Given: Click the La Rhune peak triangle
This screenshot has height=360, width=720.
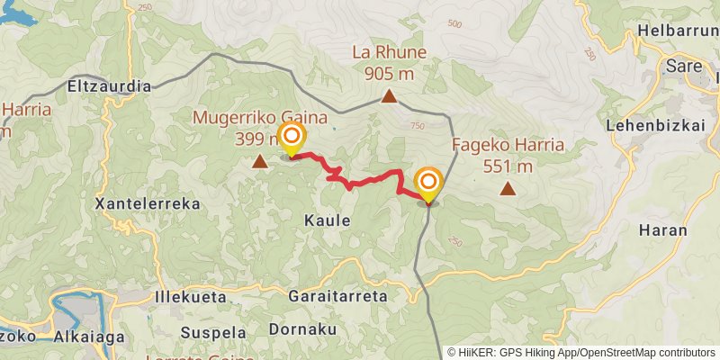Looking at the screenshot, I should (389, 97).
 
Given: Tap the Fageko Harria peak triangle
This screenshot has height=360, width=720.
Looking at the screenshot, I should (508, 188).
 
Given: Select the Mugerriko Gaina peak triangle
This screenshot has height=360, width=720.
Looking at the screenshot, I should (260, 162).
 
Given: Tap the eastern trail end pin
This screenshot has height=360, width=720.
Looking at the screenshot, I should (427, 184).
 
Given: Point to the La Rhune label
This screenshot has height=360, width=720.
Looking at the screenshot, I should (389, 53).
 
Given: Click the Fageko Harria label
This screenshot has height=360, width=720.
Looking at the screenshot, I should (508, 144).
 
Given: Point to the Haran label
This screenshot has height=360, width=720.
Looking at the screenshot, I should (662, 230).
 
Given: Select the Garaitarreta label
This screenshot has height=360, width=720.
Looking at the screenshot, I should (337, 295).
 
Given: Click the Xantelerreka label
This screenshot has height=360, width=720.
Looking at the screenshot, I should (147, 204).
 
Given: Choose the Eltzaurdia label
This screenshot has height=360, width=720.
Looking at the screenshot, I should (110, 87).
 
